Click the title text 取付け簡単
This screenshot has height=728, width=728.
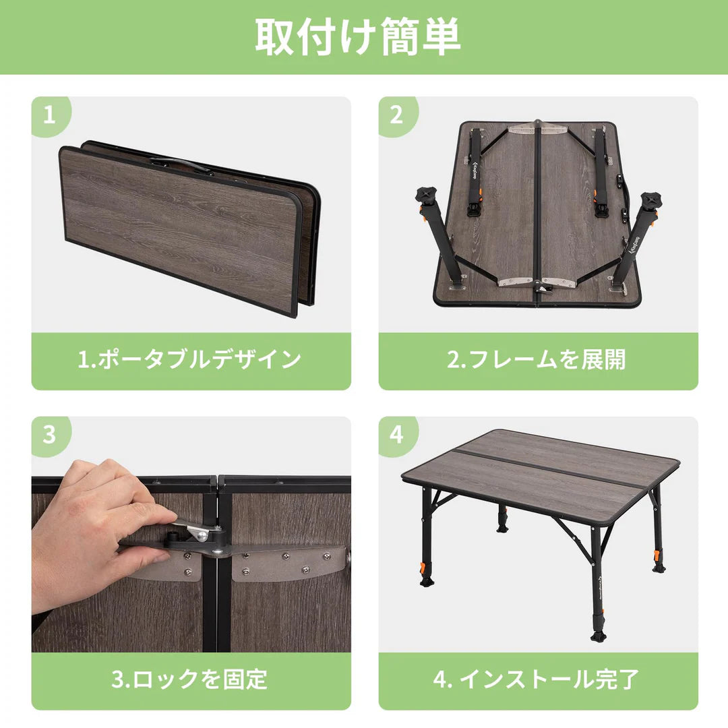[358, 36]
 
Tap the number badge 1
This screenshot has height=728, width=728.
[49, 115]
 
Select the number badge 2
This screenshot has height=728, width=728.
[396, 115]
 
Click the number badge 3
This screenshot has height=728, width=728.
[49, 435]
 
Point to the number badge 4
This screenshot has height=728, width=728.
[396, 435]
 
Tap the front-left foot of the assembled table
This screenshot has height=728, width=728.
[426, 580]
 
